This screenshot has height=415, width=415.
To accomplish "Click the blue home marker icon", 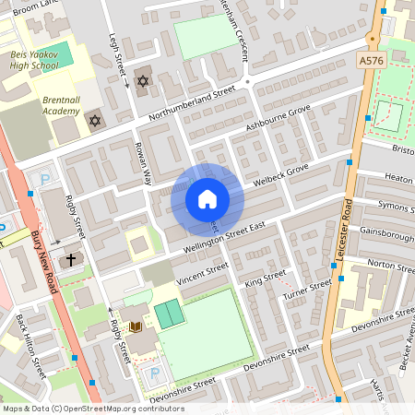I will (207, 199).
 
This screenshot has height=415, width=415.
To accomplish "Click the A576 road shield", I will (372, 60).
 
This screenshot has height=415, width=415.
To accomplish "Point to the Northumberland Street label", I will (191, 103).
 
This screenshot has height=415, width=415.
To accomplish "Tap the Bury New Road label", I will (45, 264).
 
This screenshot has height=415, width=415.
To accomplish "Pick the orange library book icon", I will (135, 327).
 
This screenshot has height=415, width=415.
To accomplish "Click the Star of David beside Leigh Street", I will (142, 82).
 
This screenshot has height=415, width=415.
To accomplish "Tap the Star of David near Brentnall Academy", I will (94, 121).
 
